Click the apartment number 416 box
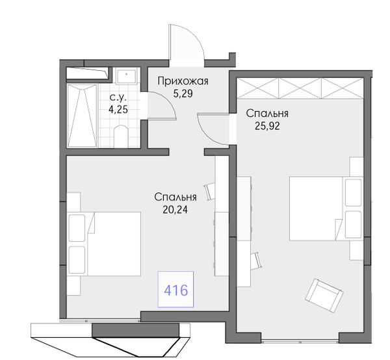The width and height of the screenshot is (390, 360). (175, 289)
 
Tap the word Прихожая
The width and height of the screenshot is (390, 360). (183, 81)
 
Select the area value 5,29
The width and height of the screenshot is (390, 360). (183, 94)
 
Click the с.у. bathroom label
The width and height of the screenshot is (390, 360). (118, 97)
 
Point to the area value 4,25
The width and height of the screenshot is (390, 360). (118, 109)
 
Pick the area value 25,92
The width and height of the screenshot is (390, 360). (267, 126)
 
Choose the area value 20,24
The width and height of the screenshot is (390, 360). (175, 210)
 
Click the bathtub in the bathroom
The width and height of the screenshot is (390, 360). (82, 116)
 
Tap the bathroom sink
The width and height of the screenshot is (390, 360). (127, 76)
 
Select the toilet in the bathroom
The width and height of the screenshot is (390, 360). (121, 136)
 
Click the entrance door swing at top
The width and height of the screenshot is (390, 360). (187, 42)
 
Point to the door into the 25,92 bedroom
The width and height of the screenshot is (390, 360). (213, 129)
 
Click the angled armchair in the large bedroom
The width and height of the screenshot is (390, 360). (324, 295)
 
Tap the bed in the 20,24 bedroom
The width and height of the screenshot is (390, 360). (104, 244)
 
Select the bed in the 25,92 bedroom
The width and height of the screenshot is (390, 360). (326, 209)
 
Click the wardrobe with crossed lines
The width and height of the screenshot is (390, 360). (300, 88)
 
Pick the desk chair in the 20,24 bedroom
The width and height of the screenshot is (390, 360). (210, 192)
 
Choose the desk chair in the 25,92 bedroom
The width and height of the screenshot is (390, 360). (256, 261)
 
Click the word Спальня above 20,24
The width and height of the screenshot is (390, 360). (175, 197)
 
